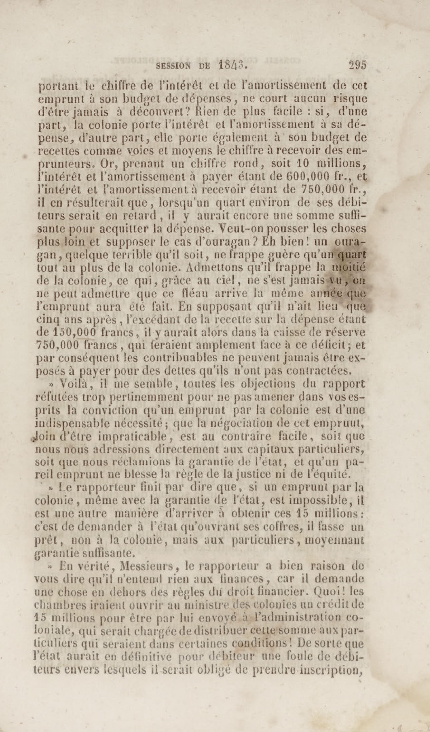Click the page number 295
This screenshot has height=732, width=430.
(x=358, y=65)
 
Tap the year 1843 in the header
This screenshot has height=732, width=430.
(x=232, y=66)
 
